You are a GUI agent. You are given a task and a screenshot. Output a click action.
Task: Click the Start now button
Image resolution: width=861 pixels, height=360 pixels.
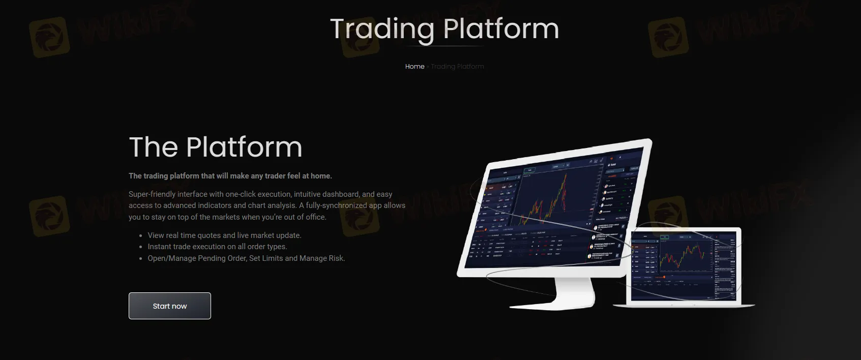(169, 306)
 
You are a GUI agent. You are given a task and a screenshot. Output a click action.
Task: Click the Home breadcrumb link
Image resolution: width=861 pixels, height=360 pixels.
(414, 67)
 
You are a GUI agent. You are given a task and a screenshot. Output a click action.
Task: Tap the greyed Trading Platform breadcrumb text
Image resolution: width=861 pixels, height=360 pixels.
(457, 67)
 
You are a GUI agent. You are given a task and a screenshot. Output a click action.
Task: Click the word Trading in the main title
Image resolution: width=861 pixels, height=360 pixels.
(382, 29)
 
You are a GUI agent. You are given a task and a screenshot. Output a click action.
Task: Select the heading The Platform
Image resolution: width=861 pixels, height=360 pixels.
(216, 147)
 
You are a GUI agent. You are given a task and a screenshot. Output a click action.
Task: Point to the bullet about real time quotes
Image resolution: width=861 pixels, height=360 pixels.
(224, 235)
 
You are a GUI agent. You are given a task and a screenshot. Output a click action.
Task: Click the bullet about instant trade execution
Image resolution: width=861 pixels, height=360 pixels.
(217, 247)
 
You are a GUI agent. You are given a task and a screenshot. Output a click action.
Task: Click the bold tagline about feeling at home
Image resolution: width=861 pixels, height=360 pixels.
(230, 176)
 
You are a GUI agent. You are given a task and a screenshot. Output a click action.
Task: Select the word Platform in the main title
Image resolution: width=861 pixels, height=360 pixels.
(501, 29)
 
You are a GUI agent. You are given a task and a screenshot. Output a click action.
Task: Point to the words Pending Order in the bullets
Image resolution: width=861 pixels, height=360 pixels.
(223, 258)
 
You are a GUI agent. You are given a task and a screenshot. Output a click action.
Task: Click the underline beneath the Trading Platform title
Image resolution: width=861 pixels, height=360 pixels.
(444, 46)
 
